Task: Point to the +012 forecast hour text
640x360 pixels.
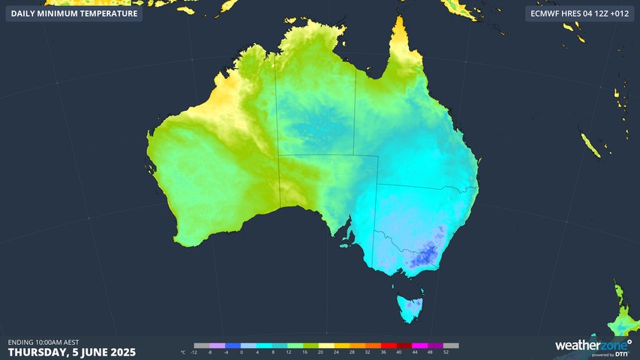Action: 620,13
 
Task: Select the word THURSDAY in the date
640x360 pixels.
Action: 37,352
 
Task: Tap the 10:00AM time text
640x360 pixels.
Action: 52,342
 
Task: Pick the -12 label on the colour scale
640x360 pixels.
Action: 194,352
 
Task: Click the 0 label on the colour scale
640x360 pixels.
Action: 242,352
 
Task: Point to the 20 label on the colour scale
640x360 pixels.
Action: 320,352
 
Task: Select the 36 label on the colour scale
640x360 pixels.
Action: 383,352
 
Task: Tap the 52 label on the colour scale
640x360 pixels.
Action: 446,352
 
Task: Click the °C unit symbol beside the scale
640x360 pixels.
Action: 183,352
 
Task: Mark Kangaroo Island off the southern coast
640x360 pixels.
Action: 346,244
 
